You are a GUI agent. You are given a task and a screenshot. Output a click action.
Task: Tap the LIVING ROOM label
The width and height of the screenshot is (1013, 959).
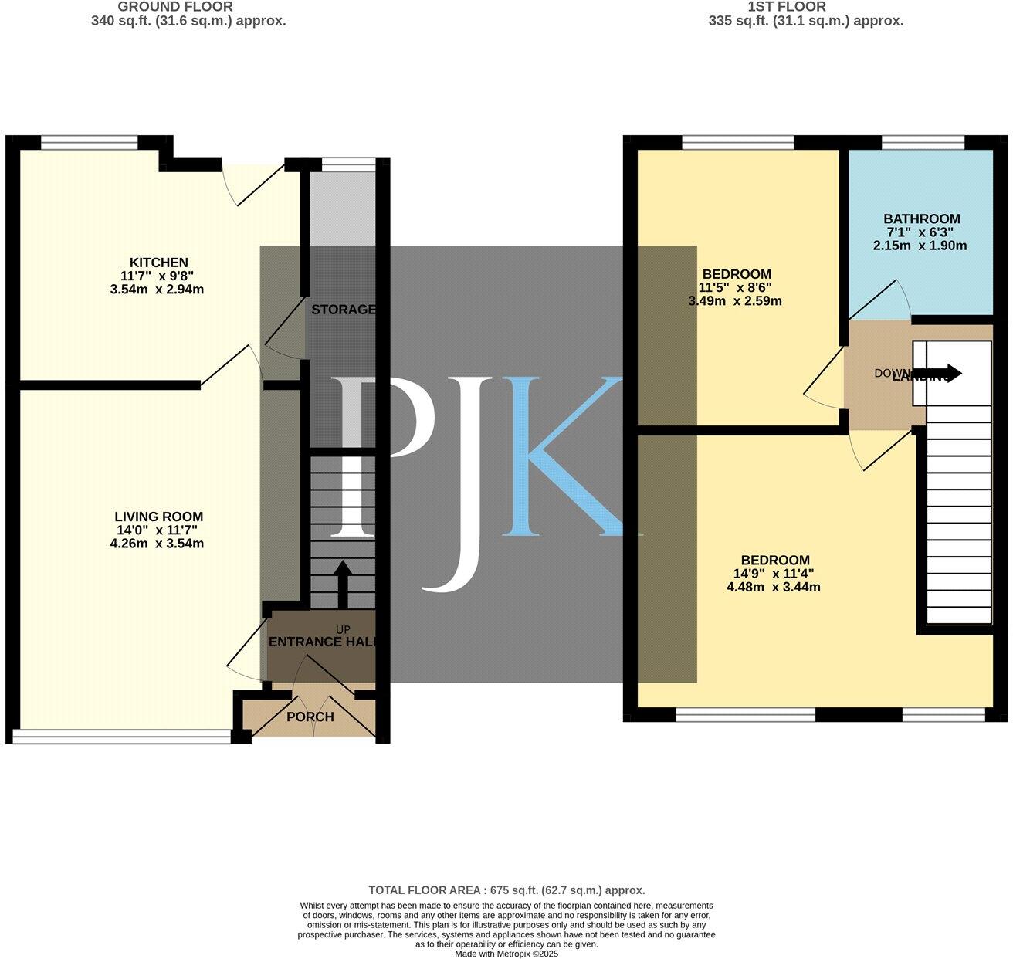coord(158,517)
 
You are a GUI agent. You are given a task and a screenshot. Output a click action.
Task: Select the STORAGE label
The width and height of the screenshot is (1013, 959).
coord(343,310)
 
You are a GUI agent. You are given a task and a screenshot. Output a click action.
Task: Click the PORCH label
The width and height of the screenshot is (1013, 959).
coord(310,717)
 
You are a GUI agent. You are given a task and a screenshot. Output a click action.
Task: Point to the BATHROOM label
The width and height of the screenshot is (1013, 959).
coord(922,219)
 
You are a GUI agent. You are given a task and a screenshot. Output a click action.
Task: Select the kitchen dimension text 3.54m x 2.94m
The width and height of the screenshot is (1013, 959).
coord(157,290)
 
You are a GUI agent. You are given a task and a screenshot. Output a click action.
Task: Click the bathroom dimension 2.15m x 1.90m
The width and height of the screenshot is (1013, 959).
coord(920,246)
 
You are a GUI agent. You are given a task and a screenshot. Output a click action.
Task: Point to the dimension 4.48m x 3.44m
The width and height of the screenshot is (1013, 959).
coord(773,587)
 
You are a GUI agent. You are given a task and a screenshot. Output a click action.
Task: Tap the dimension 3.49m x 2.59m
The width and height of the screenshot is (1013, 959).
coord(734,301)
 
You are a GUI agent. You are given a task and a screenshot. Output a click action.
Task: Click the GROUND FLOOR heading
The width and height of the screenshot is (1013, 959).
coord(175,7)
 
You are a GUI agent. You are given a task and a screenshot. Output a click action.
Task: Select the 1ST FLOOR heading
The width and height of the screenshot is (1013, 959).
coord(787,7)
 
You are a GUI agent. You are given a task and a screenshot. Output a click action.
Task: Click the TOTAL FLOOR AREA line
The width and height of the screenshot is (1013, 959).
coord(506,890)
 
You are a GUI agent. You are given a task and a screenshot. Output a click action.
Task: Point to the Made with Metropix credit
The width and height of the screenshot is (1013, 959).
coord(506,954)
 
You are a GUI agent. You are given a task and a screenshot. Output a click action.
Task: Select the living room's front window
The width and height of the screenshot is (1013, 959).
coord(122,737)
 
